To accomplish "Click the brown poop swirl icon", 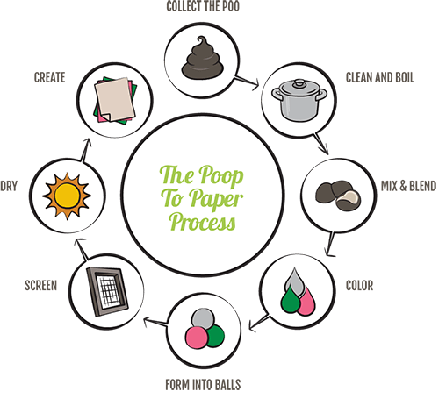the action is [x=202, y=59].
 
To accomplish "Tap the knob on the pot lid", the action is [x=299, y=83].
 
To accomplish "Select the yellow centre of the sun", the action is [x=68, y=196].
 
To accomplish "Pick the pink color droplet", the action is [x=307, y=302].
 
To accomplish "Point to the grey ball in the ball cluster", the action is [x=203, y=319].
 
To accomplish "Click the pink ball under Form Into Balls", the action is [x=197, y=338].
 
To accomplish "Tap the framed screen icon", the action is [x=107, y=292].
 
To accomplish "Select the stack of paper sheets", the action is [x=115, y=100].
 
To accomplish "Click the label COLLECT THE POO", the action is [x=203, y=6].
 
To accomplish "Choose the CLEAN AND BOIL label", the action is [x=380, y=78].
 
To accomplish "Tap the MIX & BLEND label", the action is [x=408, y=186].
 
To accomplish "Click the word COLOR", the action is [x=359, y=286].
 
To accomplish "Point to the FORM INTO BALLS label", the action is [x=203, y=385].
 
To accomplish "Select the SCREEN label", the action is [x=40, y=286].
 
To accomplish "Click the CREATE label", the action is [x=49, y=77].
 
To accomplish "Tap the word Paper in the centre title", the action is [x=216, y=199].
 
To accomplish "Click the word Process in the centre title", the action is [x=203, y=222].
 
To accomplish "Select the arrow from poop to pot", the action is [x=248, y=82].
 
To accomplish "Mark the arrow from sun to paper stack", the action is [x=85, y=150].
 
